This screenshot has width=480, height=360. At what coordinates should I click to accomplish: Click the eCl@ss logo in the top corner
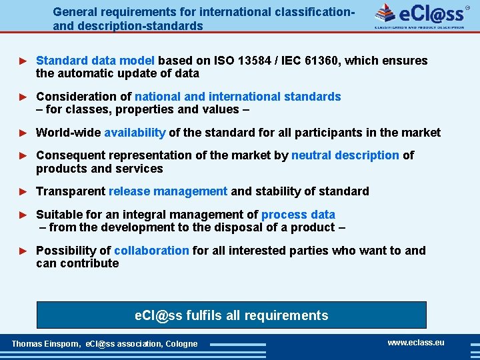419,15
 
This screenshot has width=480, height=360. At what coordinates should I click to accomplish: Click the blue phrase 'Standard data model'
95,61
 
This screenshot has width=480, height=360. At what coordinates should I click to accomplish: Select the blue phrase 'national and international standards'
238,97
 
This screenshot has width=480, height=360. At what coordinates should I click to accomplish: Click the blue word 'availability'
135,133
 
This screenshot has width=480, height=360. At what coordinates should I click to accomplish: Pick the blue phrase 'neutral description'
345,155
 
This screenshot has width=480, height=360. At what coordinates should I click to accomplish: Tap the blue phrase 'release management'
168,191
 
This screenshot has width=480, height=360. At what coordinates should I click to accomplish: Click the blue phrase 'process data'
298,215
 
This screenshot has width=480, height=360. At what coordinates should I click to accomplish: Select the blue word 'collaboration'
151,251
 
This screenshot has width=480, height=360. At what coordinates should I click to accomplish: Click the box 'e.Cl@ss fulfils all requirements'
231,315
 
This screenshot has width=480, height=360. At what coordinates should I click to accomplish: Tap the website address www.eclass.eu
416,343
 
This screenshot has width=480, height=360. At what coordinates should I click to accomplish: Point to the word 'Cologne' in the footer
181,344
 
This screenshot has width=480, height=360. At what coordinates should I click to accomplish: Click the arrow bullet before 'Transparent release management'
24,191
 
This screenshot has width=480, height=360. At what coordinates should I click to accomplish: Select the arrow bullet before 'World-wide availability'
24,133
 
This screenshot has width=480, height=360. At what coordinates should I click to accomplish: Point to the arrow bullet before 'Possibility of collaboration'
24,251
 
